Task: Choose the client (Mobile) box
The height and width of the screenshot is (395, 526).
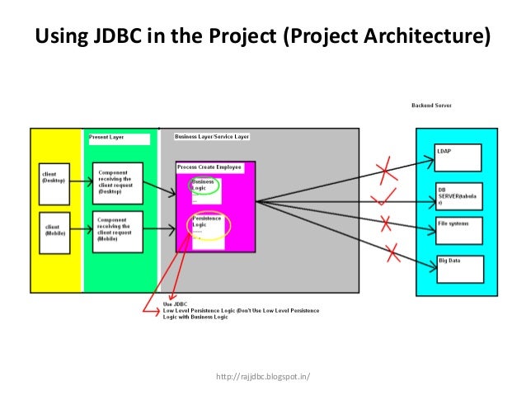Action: (x=59, y=228)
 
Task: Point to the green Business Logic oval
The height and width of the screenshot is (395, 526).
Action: (x=204, y=186)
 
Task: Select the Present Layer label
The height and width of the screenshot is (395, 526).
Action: (x=106, y=138)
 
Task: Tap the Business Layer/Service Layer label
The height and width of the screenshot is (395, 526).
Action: (x=212, y=136)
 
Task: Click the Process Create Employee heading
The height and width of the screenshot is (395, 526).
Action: (x=209, y=167)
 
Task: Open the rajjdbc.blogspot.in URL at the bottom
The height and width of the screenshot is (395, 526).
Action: (x=262, y=378)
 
